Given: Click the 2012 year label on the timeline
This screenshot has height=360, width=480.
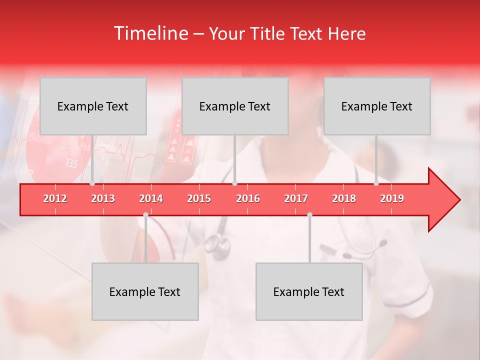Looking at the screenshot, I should [55, 198].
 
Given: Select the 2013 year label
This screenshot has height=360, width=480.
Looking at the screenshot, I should [103, 198].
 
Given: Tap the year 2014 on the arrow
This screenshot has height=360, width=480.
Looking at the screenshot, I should [151, 198].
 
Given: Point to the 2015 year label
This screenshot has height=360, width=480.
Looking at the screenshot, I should [199, 198].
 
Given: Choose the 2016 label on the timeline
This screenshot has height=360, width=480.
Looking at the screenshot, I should [247, 198].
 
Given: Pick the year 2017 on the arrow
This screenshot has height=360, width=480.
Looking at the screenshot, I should [296, 198].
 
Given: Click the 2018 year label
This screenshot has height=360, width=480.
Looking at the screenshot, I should [344, 198].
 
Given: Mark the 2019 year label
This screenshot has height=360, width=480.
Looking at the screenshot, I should [392, 198].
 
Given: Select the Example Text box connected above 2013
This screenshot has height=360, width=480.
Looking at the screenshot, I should [93, 106].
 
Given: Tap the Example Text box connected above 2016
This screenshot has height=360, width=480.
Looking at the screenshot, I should [235, 106].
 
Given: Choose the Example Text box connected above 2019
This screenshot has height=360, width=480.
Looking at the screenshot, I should [377, 106].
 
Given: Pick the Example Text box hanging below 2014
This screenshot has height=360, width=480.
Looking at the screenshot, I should [145, 291].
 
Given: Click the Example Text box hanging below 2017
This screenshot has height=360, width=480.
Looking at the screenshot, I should [309, 291].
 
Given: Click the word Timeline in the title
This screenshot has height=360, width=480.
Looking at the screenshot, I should [150, 33].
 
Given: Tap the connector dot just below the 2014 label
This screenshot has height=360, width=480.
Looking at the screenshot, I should [145, 214].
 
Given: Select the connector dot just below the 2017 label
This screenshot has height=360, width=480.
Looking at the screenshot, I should [309, 214].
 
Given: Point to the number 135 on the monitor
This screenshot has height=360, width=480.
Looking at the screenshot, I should [71, 163].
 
